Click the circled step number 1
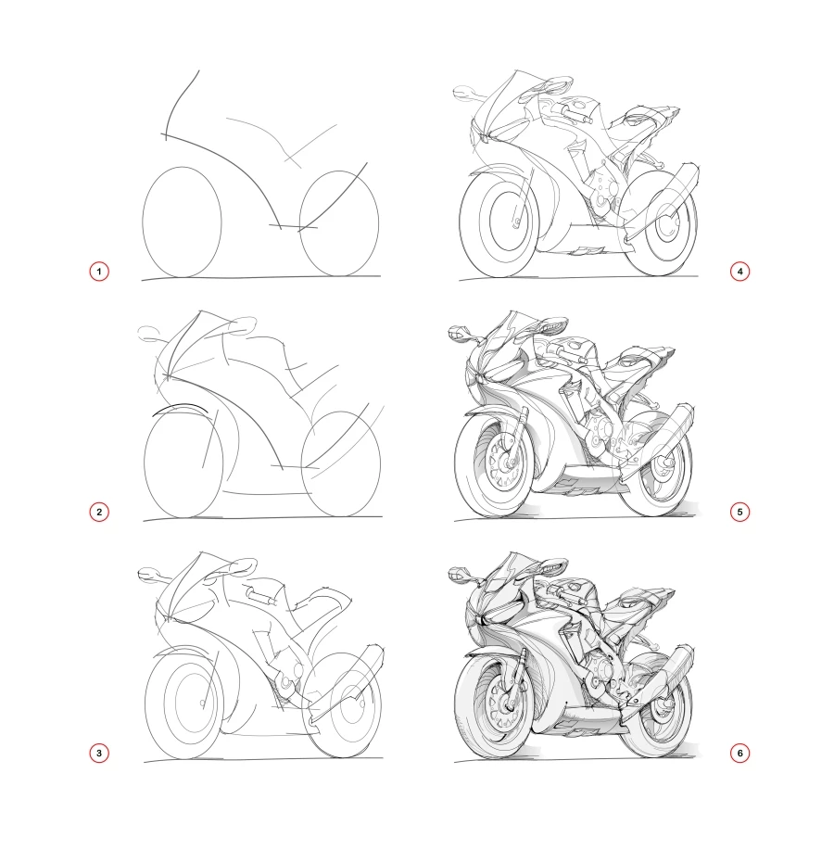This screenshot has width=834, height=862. click(x=99, y=272)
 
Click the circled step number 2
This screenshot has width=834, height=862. click(x=99, y=511)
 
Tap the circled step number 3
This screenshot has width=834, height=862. click(x=99, y=753)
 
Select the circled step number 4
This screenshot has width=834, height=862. click(x=739, y=272)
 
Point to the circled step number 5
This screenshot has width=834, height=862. click(x=739, y=511)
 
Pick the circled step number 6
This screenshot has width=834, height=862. click(x=739, y=753)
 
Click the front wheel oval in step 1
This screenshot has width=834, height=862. click(x=182, y=222)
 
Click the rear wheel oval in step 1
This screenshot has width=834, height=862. click(x=340, y=222)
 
